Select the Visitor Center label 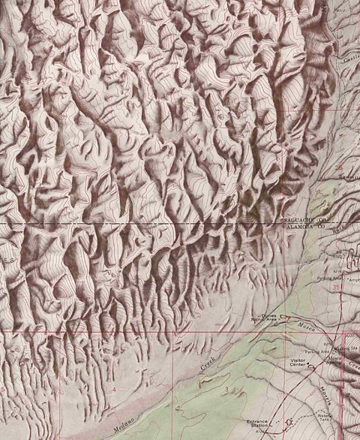[x=301, y=364]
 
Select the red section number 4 [x=114, y=391]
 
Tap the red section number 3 [x=226, y=389]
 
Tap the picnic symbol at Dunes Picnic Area [x=283, y=316]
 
